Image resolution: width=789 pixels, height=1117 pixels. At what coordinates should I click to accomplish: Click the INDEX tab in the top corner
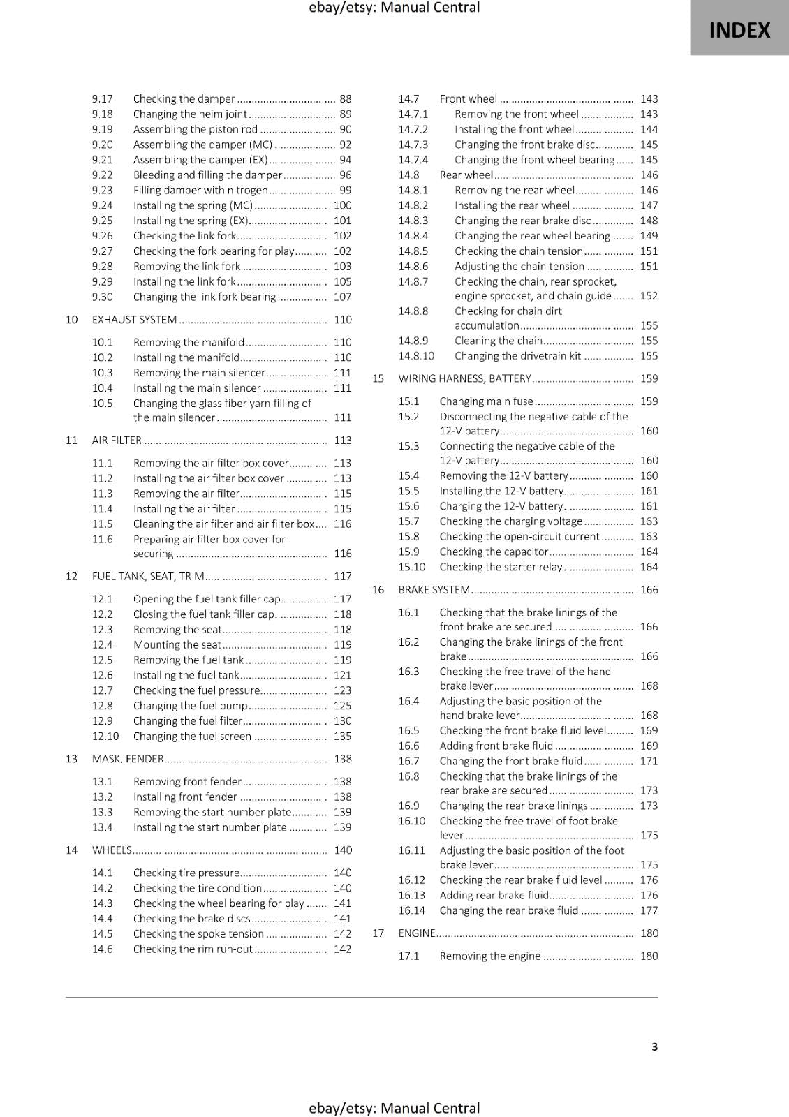pyautogui.click(x=739, y=30)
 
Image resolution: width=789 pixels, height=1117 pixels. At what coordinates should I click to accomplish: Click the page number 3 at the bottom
pyautogui.click(x=654, y=1046)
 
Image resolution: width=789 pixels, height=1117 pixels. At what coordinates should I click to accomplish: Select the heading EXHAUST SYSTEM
pyautogui.click(x=134, y=320)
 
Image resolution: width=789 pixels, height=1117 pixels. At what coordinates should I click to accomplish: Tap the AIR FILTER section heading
pyautogui.click(x=117, y=441)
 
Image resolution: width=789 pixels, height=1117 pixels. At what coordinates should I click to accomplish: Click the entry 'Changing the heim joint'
pyautogui.click(x=190, y=114)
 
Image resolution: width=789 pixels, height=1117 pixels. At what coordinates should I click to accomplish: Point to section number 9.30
pyautogui.click(x=102, y=297)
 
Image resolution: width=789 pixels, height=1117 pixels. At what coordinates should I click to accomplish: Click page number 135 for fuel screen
pyautogui.click(x=342, y=737)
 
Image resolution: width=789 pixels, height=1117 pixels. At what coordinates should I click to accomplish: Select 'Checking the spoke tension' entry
pyautogui.click(x=198, y=934)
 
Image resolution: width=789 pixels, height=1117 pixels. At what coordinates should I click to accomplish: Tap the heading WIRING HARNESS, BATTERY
pyautogui.click(x=464, y=379)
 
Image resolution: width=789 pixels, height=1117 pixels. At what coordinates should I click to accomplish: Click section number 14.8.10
pyautogui.click(x=416, y=356)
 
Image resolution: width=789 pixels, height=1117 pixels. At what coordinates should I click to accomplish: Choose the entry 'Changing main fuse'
pyautogui.click(x=486, y=401)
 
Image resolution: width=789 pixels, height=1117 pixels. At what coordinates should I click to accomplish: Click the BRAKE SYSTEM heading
pyautogui.click(x=434, y=590)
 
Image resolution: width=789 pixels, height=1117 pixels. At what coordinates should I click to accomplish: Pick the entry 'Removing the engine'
pyautogui.click(x=490, y=956)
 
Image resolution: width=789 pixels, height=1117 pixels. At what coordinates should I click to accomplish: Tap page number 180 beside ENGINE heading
pyautogui.click(x=649, y=933)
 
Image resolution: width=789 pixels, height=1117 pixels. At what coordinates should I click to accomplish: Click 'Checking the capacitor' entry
pyautogui.click(x=494, y=552)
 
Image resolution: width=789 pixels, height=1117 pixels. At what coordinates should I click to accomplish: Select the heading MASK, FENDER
pyautogui.click(x=128, y=759)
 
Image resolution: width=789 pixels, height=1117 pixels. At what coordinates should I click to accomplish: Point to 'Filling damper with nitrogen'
pyautogui.click(x=200, y=191)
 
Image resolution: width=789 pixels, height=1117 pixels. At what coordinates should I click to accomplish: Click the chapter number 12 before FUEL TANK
pyautogui.click(x=71, y=577)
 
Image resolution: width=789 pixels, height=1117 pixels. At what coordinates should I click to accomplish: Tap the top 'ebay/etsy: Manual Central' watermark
pyautogui.click(x=394, y=8)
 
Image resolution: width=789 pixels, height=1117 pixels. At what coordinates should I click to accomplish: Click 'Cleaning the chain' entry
pyautogui.click(x=498, y=341)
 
